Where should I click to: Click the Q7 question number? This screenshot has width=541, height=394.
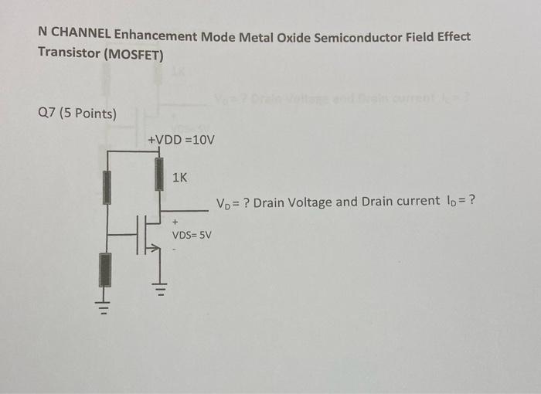tap(46, 114)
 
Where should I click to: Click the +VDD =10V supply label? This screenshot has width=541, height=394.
tap(181, 140)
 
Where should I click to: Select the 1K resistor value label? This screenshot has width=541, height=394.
tap(179, 178)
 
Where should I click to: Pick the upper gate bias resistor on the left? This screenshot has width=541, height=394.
tap(107, 188)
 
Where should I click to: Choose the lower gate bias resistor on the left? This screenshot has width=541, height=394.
tap(105, 269)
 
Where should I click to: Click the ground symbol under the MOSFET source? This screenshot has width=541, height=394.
tap(160, 291)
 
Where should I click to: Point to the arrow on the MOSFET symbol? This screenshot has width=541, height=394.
tap(154, 249)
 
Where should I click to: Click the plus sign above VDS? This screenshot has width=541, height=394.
tap(175, 221)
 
